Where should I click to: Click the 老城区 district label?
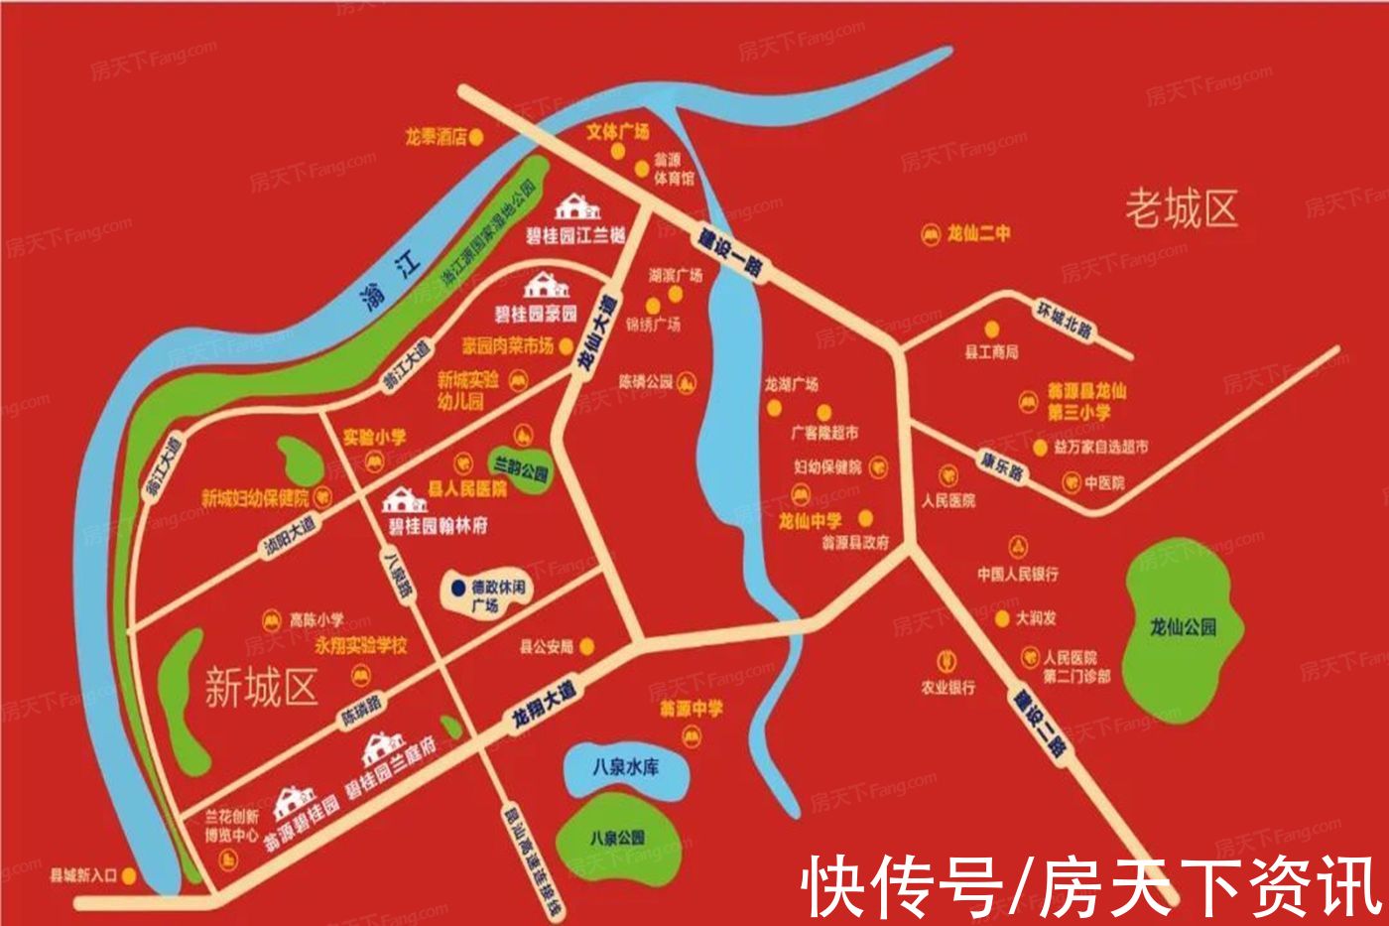(1181, 209)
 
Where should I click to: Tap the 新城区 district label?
(261, 687)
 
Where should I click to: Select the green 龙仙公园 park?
(1182, 625)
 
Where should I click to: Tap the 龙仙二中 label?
(978, 234)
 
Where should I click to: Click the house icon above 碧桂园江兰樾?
(576, 207)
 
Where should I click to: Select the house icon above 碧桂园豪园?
(547, 286)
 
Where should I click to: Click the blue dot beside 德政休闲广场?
(457, 588)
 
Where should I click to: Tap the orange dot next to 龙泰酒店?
(477, 137)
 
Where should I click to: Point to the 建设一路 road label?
(729, 254)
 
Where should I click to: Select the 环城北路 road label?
(1065, 320)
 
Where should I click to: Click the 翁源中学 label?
(692, 710)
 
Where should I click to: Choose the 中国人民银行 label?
(1018, 574)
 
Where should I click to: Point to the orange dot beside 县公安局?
(587, 647)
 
